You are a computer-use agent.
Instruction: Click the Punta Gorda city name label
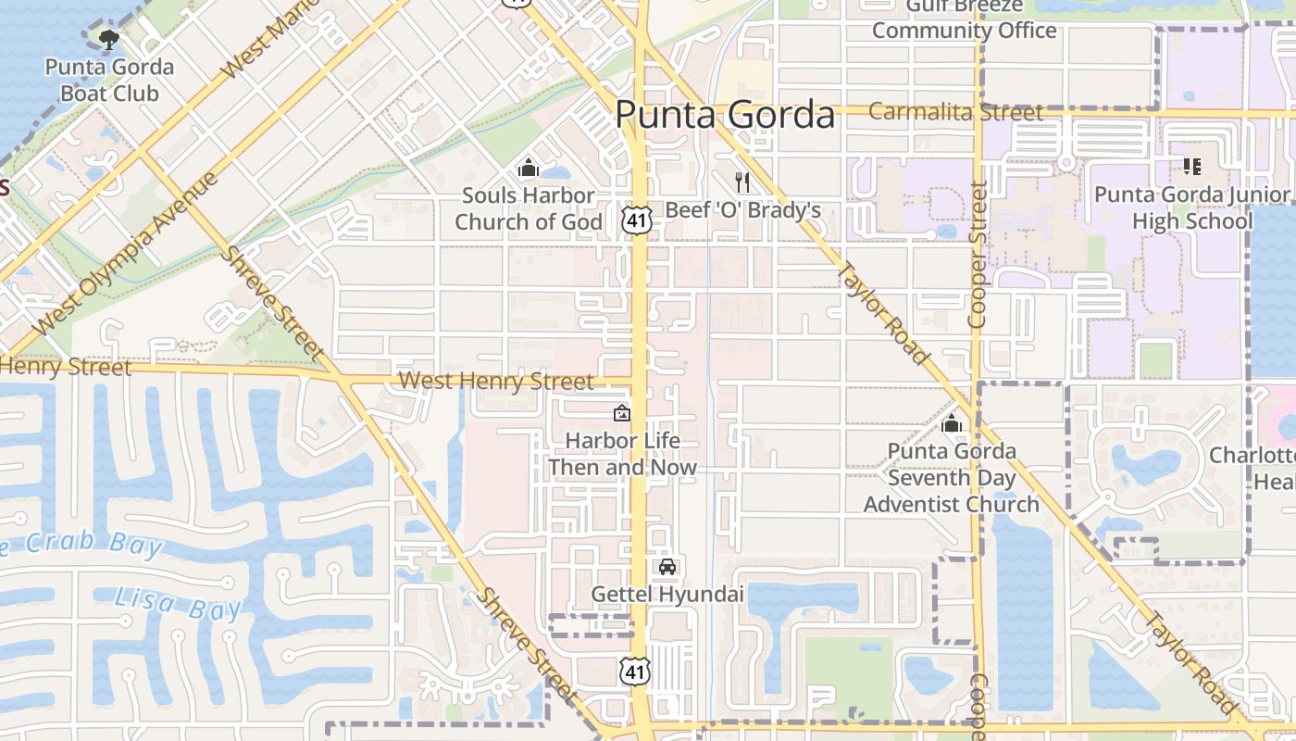724,115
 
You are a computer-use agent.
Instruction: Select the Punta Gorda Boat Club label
109,81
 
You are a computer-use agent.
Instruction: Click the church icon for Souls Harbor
529,168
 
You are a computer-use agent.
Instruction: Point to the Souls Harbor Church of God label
528,208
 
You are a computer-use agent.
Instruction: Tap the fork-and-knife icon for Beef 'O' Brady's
741,182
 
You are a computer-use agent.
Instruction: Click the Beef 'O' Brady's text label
743,210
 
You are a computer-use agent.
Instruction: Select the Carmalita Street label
956,112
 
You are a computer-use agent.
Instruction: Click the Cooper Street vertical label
978,255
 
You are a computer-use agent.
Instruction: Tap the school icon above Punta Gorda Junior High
1191,167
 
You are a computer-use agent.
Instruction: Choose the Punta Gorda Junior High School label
1191,207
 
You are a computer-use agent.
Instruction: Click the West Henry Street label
496,382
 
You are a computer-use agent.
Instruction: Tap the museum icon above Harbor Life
622,413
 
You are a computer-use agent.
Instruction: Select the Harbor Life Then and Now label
622,454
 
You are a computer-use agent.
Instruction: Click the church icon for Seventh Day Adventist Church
951,424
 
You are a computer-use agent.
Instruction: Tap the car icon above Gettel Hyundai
667,567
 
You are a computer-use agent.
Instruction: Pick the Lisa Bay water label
179,605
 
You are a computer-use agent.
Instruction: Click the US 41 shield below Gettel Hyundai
635,671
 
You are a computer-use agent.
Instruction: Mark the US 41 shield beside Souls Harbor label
637,220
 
